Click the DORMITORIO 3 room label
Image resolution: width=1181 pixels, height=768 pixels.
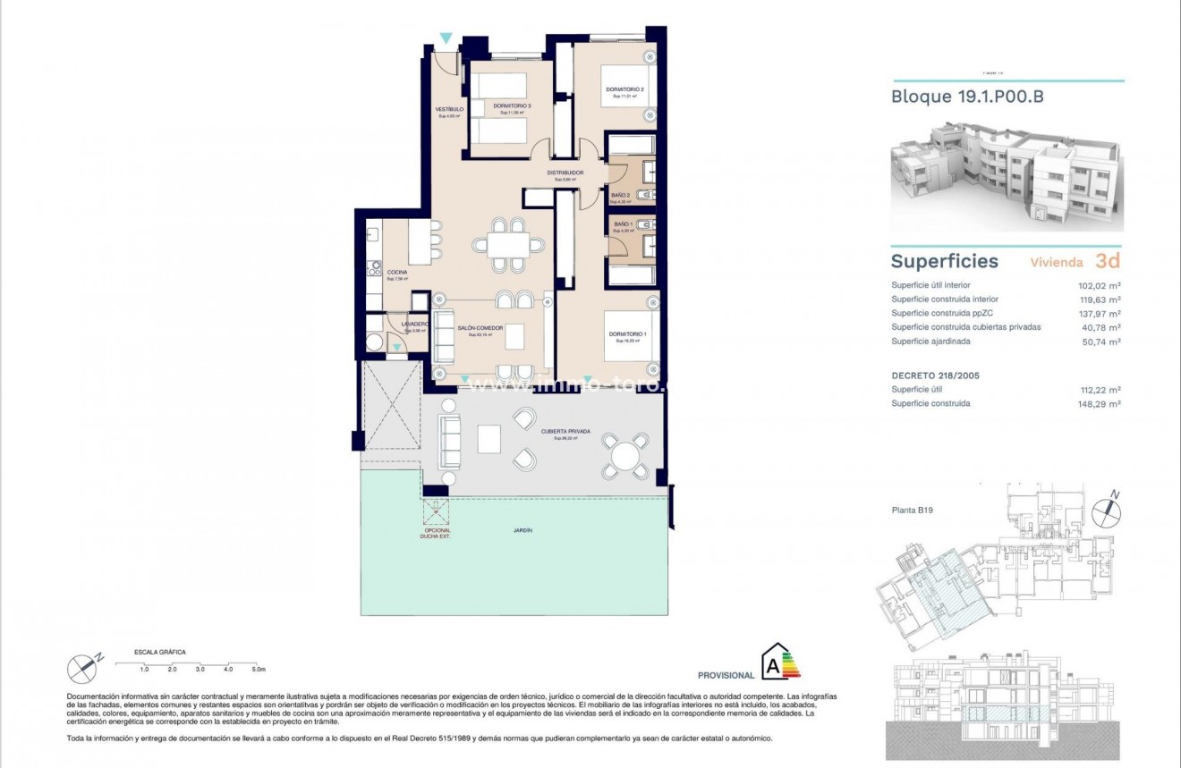point(512,106)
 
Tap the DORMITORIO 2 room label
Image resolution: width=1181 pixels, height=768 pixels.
point(624,89)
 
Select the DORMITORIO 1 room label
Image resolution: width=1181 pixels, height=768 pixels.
point(627,334)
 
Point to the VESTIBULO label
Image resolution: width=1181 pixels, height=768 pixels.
point(448,109)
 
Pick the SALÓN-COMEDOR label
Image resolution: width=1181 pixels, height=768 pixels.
point(480,328)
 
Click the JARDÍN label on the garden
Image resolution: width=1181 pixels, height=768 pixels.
point(523,530)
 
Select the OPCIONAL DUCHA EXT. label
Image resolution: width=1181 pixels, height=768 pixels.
point(436,533)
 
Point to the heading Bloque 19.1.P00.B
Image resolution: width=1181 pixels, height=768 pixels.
point(967,97)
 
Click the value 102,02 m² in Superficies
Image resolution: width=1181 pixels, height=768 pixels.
point(1100,285)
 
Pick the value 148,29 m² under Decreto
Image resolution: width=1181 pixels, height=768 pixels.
point(1100,403)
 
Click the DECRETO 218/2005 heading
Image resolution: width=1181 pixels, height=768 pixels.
point(935,376)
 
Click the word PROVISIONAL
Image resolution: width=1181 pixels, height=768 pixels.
point(726,675)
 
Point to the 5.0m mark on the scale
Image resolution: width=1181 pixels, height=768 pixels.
point(259,669)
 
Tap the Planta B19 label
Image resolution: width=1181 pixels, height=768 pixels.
point(913,511)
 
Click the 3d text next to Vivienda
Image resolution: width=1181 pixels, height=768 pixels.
point(1107,261)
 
